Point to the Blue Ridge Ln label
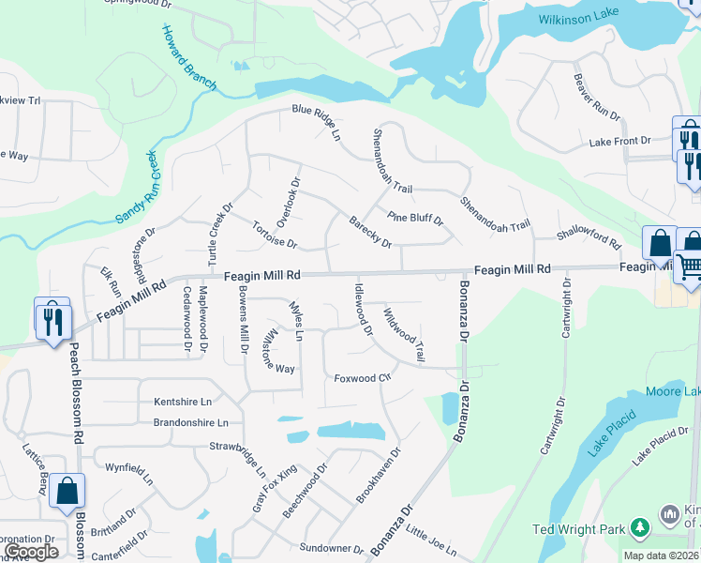(316, 122)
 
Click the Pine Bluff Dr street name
(414, 219)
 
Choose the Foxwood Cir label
(362, 377)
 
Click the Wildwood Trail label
(404, 332)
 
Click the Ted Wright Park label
(578, 529)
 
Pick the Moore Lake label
(671, 390)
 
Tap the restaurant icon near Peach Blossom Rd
(50, 319)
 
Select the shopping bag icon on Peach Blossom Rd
(67, 491)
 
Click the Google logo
(30, 552)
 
